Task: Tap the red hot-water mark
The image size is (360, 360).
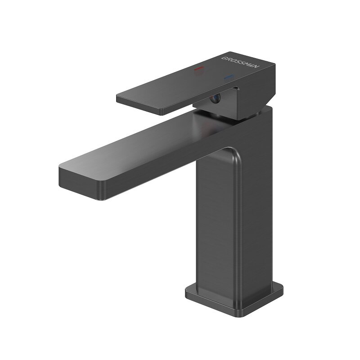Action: click(x=198, y=69)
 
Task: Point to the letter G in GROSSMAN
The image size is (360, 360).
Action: click(x=224, y=58)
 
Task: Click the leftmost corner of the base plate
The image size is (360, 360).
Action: click(x=187, y=292)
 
